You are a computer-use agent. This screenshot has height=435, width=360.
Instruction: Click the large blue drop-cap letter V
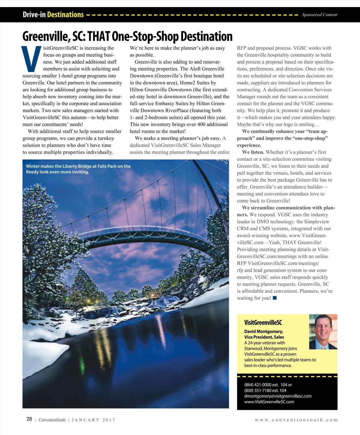tap(31, 59)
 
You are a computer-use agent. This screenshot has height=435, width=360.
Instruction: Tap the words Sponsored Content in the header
tap(319, 15)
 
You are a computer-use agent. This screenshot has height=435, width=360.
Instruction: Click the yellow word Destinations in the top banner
tap(65, 15)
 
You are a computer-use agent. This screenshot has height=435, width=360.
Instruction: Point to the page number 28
tap(29, 419)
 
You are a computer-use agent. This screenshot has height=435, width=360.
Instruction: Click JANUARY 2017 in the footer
tap(93, 420)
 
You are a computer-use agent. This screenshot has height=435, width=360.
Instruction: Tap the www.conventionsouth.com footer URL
tap(296, 420)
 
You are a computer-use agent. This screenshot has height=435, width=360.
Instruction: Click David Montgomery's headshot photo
tap(323, 331)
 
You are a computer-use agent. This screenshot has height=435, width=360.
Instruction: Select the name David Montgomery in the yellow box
tap(263, 331)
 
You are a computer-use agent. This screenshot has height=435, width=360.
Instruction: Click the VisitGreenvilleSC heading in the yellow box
tap(263, 322)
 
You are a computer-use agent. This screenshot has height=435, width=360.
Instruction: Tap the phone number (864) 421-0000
tap(258, 385)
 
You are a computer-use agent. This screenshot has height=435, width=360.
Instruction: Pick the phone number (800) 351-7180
tap(258, 390)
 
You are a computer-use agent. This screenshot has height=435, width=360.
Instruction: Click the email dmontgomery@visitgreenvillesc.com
tap(278, 396)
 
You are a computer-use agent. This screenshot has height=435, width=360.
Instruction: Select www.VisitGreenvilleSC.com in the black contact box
tap(269, 402)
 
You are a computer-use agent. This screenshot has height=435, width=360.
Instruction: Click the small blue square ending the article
tap(274, 298)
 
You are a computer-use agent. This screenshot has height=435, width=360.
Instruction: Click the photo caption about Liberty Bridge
tap(78, 169)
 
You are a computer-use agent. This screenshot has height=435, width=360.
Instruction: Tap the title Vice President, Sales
tap(264, 337)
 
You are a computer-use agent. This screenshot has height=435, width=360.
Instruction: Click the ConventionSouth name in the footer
tap(52, 420)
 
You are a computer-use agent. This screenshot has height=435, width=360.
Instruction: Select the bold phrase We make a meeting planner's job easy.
tap(178, 138)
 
